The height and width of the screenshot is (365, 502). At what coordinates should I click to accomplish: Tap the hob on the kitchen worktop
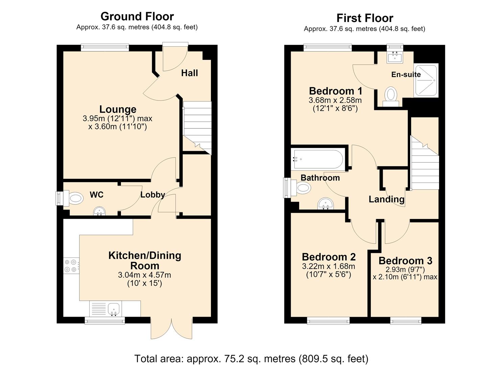[x=71, y=266]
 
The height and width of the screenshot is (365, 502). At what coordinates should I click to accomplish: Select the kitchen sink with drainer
[x=105, y=309]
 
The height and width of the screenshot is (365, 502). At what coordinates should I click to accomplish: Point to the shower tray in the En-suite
[x=426, y=80]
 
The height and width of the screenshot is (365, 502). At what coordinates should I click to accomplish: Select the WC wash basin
[x=99, y=211]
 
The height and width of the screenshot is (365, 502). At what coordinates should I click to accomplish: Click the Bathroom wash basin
[x=326, y=203]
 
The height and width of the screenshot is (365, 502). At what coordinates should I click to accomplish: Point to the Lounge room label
[x=118, y=109]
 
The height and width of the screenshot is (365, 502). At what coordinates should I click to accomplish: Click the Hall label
[x=189, y=73]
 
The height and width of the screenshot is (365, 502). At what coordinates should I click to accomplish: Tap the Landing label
[x=387, y=199]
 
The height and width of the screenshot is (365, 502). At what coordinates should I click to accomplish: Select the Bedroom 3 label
[x=405, y=261]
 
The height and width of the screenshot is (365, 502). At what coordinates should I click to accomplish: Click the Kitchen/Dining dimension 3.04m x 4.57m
[x=145, y=275]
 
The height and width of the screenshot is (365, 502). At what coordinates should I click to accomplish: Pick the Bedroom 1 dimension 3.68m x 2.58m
[x=335, y=100]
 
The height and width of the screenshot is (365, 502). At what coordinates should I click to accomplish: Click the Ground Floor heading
[x=137, y=16]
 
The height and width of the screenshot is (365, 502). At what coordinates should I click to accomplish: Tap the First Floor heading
[x=365, y=18]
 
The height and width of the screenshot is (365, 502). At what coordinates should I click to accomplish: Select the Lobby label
[x=152, y=194]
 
